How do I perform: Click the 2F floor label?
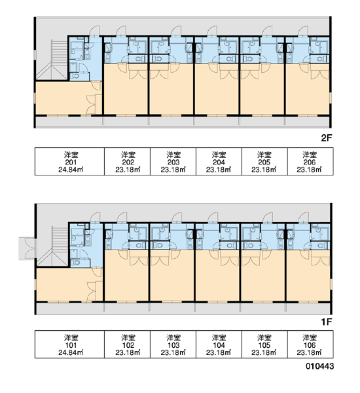326,138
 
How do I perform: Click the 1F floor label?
326,322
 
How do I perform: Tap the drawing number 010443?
319,366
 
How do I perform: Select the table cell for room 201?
69,161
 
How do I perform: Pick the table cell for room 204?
219,161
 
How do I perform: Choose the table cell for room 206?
310,161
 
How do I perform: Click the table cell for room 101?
69,344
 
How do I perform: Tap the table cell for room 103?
173,344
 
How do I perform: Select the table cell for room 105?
264,344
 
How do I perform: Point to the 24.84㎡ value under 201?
71,170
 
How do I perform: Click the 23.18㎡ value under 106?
310,352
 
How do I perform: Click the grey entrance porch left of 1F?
27,248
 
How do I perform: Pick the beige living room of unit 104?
217,276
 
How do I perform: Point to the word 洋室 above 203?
173,155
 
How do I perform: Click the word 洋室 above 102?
128,337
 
